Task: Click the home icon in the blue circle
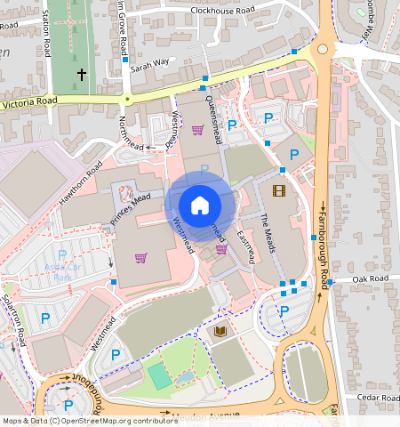[x=200, y=205]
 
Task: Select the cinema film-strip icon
[x=280, y=189]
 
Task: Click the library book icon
[x=220, y=331]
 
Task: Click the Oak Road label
[x=371, y=279]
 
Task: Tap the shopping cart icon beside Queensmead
[x=197, y=130]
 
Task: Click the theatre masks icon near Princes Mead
[x=124, y=190]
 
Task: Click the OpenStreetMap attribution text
[x=89, y=421]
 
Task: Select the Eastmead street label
[x=249, y=244]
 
